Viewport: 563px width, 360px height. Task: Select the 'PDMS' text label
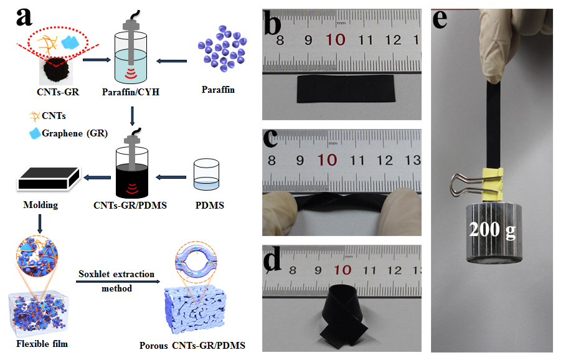[x=206, y=205]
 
